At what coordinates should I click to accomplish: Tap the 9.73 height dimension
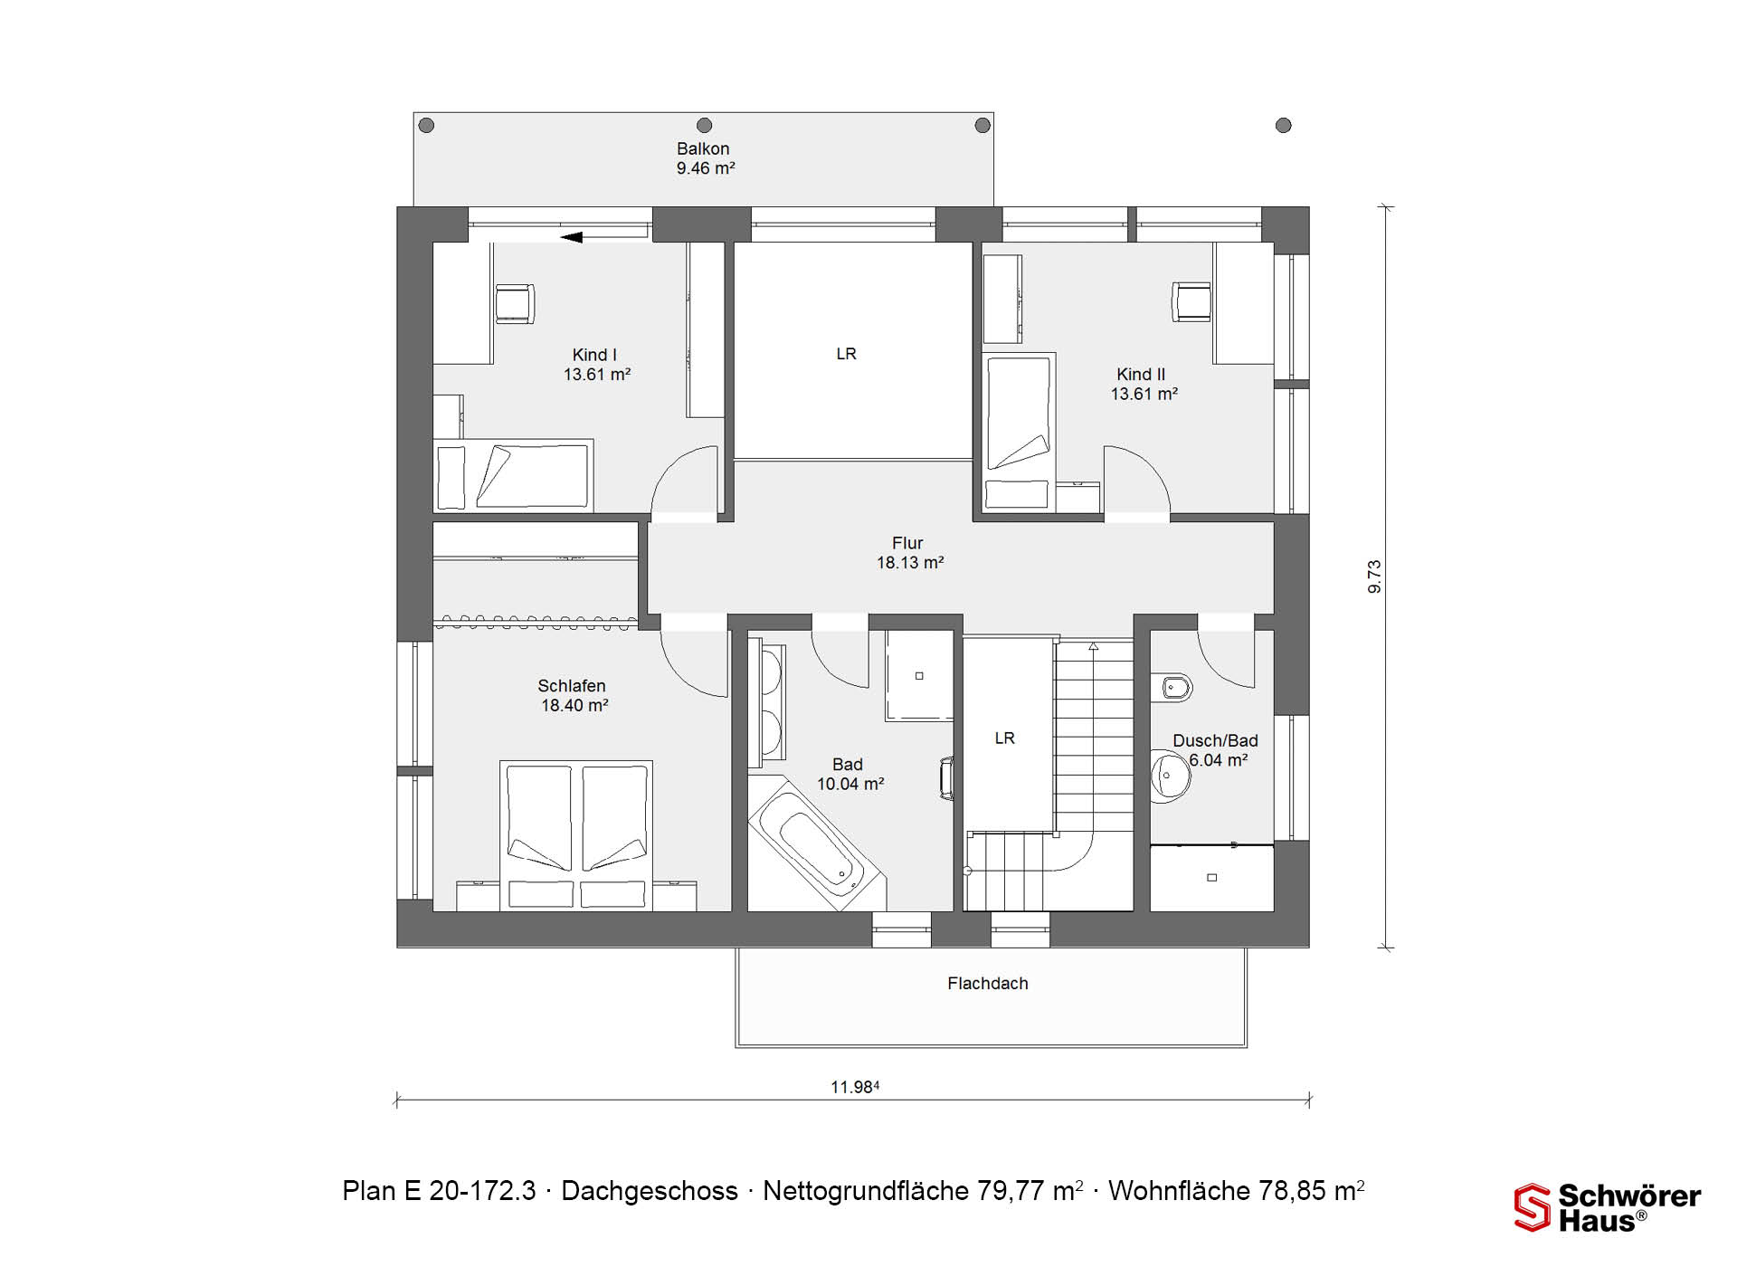point(1374,576)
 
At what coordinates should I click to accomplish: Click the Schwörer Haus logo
point(1608,1208)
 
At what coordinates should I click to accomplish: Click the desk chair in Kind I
point(514,303)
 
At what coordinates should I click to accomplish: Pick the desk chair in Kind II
point(1191,301)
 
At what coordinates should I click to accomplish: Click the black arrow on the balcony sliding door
point(571,237)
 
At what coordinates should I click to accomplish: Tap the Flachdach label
point(988,984)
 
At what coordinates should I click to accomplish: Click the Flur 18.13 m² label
point(909,553)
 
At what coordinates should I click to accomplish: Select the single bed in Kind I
point(513,476)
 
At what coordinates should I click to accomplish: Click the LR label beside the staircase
point(1004,738)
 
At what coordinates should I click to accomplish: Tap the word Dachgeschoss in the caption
point(650,1191)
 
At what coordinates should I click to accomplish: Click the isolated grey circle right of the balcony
point(1283,126)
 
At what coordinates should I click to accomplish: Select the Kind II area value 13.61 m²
point(1144,394)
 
